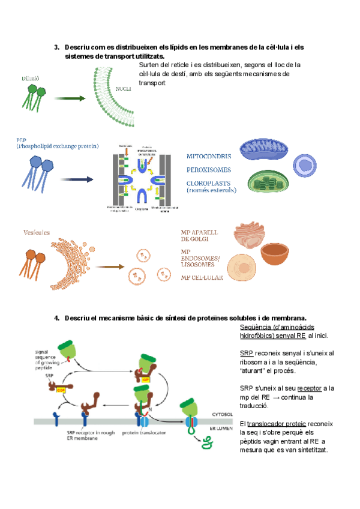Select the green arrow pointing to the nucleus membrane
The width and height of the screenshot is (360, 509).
point(71,98)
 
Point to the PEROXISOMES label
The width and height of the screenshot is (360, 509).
point(208,170)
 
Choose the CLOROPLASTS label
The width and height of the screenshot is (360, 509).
point(209,183)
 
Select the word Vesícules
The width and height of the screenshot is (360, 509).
point(34,232)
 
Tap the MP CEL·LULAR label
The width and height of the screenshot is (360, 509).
point(202,278)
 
